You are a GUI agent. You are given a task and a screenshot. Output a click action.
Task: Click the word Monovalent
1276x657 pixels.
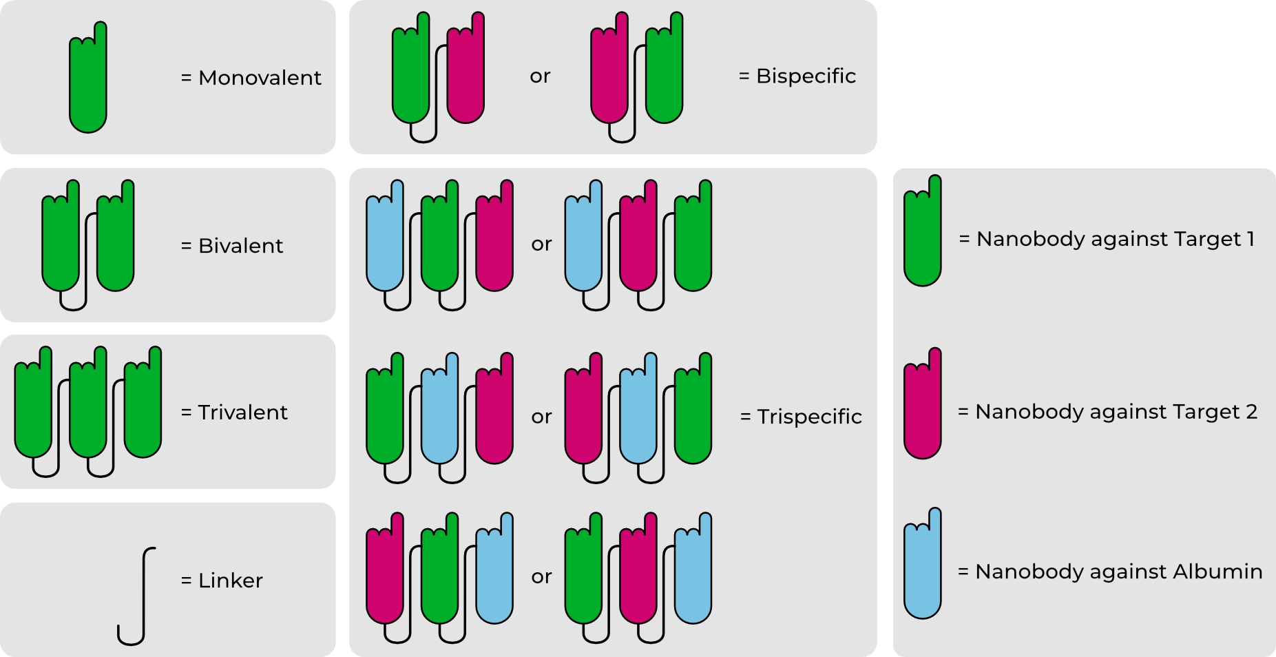[260, 78]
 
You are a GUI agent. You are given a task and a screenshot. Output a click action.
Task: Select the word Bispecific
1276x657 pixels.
[806, 76]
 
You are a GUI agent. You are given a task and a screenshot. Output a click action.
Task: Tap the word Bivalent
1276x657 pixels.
[240, 246]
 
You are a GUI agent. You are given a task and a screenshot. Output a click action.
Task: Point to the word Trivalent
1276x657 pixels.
[242, 413]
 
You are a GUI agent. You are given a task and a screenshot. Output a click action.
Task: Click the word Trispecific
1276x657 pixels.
[809, 417]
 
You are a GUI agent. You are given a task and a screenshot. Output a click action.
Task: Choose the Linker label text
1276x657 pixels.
[230, 581]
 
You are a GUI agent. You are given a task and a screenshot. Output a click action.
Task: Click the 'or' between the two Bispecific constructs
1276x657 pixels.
[540, 76]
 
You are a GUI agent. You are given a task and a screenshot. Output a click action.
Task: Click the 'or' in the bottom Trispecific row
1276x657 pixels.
[541, 576]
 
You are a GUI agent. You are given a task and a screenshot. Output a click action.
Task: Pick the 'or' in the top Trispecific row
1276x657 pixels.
[541, 244]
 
